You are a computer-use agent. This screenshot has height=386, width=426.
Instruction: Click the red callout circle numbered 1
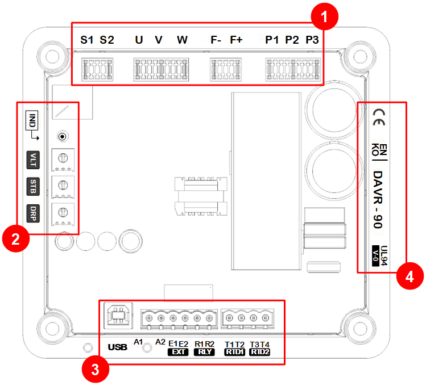click(x=324, y=16)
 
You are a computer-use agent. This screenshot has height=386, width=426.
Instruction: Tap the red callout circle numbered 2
click(x=16, y=239)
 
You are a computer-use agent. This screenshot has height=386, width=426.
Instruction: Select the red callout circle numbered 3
click(x=96, y=369)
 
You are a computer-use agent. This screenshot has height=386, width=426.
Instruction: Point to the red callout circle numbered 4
click(x=410, y=276)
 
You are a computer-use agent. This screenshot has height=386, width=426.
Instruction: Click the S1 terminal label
click(x=87, y=40)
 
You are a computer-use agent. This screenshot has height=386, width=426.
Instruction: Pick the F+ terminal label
click(x=236, y=40)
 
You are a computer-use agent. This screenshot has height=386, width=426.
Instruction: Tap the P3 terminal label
click(x=312, y=40)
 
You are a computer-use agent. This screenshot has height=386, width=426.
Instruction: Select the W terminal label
click(x=182, y=40)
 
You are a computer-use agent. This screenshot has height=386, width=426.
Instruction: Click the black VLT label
click(x=33, y=160)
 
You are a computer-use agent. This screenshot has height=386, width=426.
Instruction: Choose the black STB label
click(x=33, y=187)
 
